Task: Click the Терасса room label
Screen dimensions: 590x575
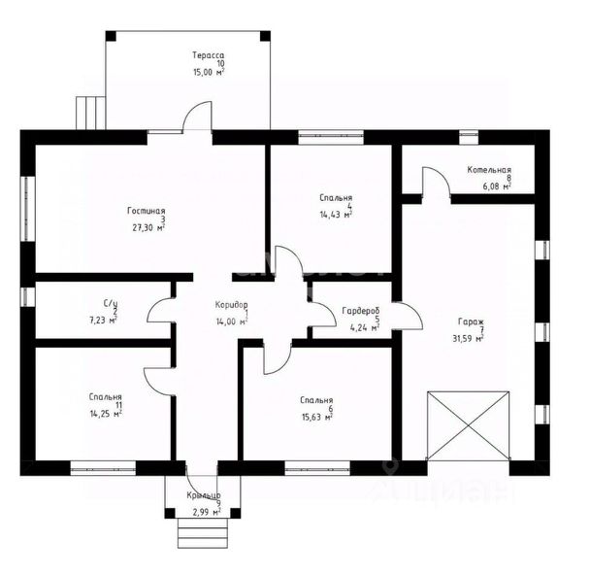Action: [x=208, y=55]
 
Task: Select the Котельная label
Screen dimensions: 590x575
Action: [x=489, y=170]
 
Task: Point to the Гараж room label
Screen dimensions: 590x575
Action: [x=471, y=321]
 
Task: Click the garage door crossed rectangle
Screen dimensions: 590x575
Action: [x=469, y=425]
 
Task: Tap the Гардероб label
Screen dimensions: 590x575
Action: [x=361, y=311]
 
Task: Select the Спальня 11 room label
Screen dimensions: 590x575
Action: [x=106, y=397]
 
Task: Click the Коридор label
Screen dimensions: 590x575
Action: [x=231, y=304]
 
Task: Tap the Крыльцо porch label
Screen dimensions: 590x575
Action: [x=204, y=495]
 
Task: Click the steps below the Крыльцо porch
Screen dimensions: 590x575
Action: [x=203, y=533]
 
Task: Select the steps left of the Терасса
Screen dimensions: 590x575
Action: [x=90, y=113]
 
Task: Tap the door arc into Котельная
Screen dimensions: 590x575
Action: [x=437, y=181]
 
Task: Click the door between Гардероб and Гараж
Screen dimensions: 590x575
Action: [x=408, y=316]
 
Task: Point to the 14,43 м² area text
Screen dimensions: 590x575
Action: [x=336, y=215]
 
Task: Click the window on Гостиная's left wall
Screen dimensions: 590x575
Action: [x=28, y=209]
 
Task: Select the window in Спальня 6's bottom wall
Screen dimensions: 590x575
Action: [x=317, y=468]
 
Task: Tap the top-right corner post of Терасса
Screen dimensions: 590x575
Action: [x=265, y=36]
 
